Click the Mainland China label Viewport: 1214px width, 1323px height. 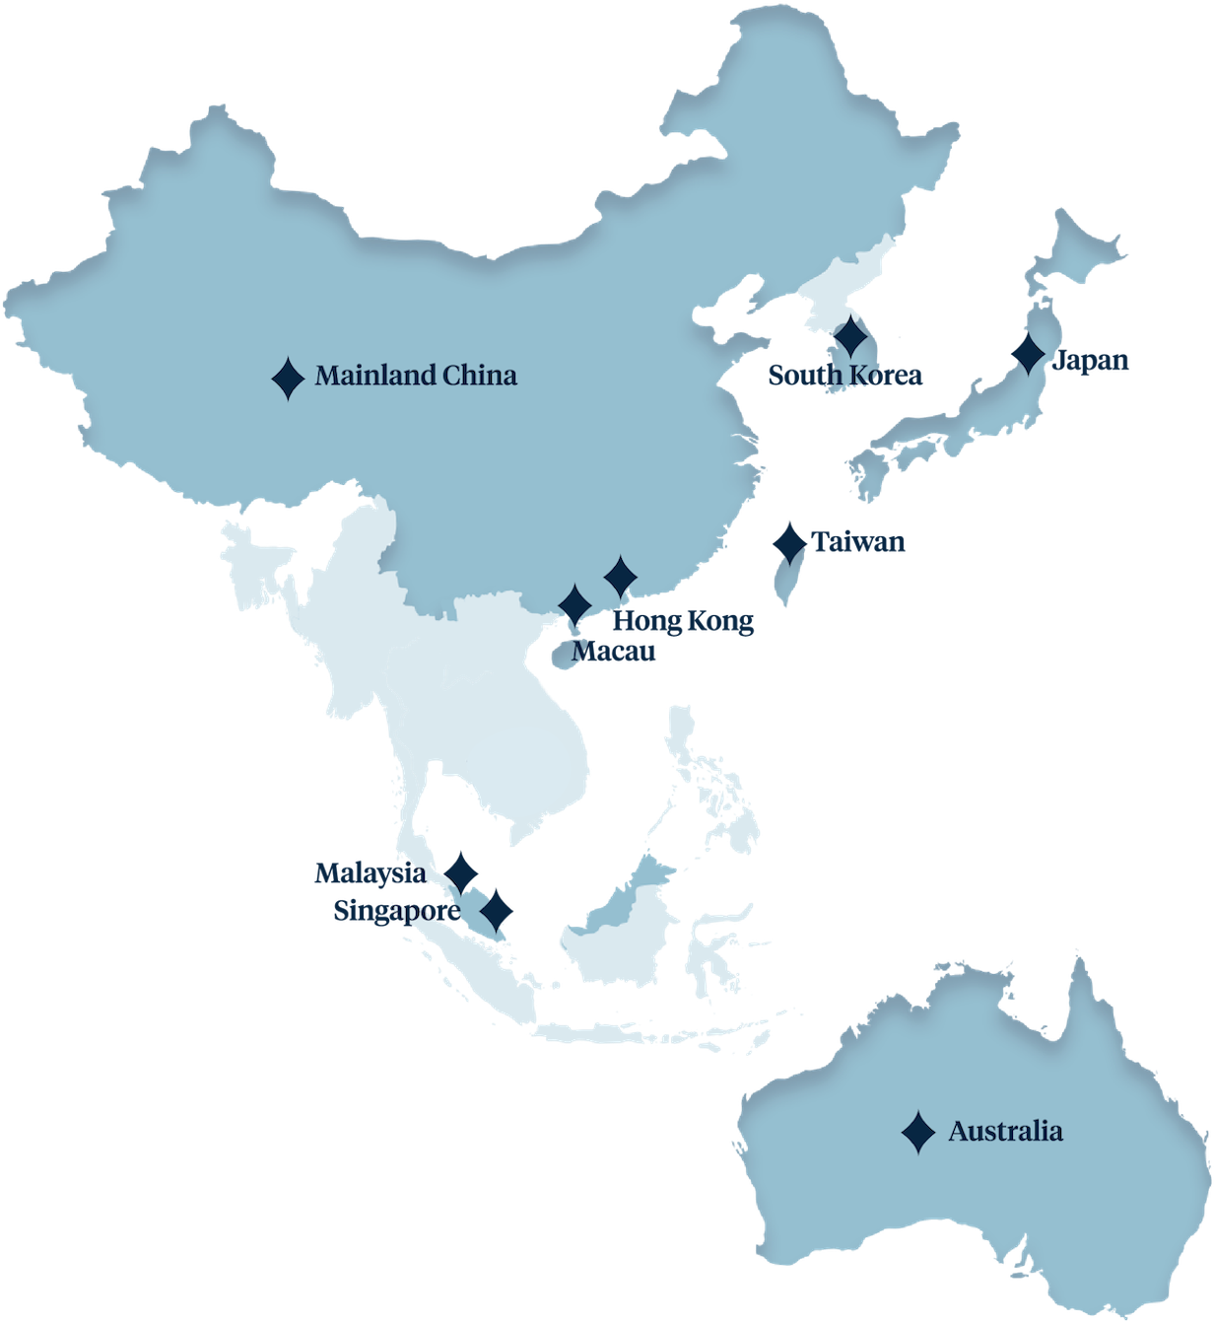point(416,376)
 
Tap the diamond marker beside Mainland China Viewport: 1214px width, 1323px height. point(288,378)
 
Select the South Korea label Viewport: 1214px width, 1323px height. point(844,375)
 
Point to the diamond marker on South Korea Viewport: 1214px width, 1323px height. point(849,338)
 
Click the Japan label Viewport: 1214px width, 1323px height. point(1091,361)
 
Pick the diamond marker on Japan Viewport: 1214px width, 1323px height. point(1028,353)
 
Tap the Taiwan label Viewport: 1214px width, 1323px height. point(857,541)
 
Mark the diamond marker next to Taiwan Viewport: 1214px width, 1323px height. point(789,543)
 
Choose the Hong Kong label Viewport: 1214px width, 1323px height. point(683,621)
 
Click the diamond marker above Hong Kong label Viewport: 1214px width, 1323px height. point(620,577)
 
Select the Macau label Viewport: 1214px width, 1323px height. point(613,652)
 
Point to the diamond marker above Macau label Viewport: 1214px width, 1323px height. point(574,604)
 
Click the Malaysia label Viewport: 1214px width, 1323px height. point(371,873)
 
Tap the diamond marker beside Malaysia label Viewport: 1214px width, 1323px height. point(460,873)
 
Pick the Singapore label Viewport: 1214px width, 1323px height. point(395,910)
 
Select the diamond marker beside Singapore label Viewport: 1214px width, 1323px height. point(496,910)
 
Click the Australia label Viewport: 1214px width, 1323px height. point(1005,1131)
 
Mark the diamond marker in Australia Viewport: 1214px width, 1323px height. point(918,1133)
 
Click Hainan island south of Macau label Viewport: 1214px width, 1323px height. point(559,656)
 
